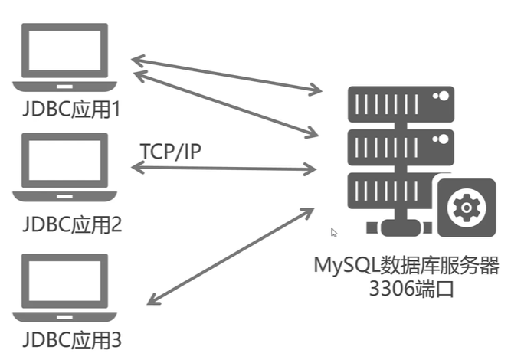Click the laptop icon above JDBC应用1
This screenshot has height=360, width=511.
64,57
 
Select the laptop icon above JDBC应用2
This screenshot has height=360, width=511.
64,168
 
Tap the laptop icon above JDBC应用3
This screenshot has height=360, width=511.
64,288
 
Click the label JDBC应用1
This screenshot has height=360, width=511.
72,109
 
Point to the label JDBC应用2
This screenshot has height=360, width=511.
72,224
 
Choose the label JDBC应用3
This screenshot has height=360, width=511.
72,340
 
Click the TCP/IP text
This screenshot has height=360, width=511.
170,151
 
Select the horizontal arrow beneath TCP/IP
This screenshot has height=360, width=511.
224,169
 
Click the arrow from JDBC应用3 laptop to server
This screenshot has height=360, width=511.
231,257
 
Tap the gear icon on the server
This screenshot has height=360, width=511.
467,208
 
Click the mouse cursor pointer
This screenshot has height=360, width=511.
334,233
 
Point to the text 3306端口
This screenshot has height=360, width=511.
411,289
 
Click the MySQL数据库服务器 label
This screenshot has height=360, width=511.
406,265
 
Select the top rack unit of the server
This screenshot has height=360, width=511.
401,104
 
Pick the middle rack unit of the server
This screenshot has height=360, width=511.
401,148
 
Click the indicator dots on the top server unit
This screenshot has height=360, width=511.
441,96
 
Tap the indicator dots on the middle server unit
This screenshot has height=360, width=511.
441,139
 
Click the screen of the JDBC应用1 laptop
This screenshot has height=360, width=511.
64,51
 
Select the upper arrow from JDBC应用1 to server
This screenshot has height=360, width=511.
227,76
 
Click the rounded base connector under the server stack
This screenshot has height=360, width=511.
401,227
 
